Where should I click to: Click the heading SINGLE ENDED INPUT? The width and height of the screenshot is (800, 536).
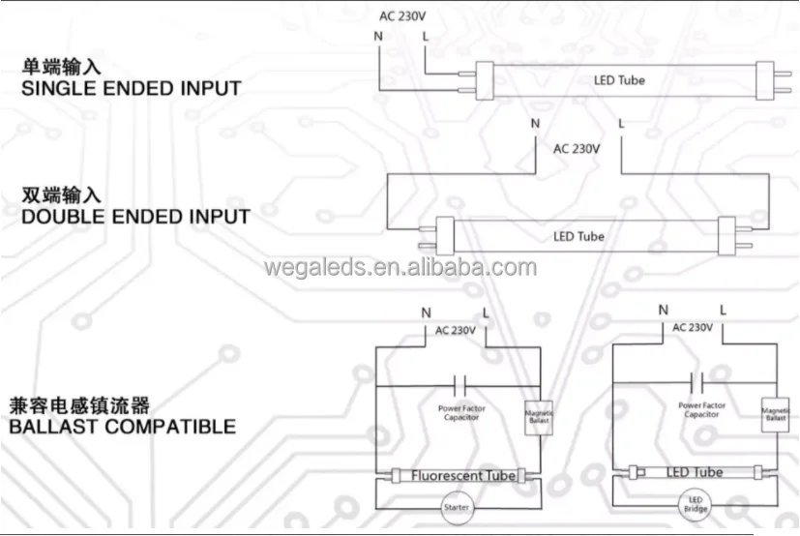pyautogui.click(x=131, y=89)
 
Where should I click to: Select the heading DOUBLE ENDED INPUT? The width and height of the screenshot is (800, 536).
pyautogui.click(x=135, y=216)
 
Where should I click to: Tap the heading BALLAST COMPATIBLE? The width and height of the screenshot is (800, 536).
pyautogui.click(x=122, y=426)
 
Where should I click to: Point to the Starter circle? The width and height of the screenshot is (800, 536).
pyautogui.click(x=455, y=508)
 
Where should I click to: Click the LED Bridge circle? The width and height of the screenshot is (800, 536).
pyautogui.click(x=695, y=505)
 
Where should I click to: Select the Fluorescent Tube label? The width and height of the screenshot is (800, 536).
pyautogui.click(x=463, y=475)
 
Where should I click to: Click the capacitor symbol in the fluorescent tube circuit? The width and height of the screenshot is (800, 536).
pyautogui.click(x=460, y=379)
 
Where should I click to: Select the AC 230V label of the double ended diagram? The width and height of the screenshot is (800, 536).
pyautogui.click(x=577, y=149)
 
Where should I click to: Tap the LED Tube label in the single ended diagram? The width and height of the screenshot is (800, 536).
pyautogui.click(x=619, y=80)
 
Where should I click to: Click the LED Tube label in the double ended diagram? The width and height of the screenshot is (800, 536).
pyautogui.click(x=578, y=236)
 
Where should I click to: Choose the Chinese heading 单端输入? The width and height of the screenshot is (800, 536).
pyautogui.click(x=62, y=68)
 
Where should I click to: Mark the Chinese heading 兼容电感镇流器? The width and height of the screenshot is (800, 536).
pyautogui.click(x=79, y=404)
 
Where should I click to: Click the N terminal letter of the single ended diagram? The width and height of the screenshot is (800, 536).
pyautogui.click(x=377, y=37)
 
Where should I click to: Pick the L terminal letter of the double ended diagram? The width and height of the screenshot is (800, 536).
pyautogui.click(x=621, y=124)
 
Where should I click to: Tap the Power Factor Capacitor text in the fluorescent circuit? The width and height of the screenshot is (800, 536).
pyautogui.click(x=462, y=412)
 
